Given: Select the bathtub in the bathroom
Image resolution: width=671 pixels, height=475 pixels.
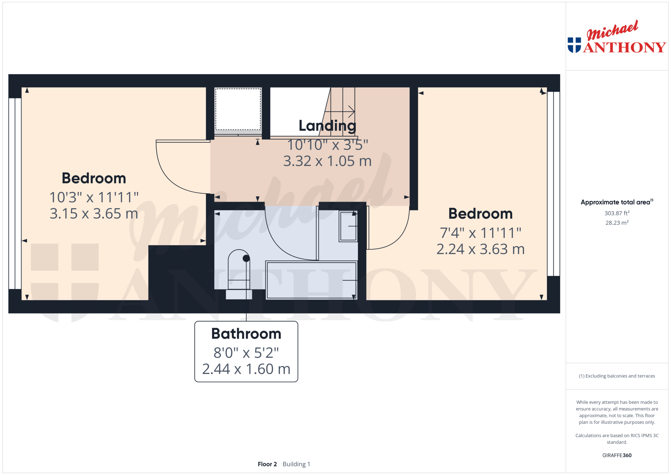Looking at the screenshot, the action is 311,280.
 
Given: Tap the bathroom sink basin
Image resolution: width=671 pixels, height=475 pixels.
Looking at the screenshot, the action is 348,226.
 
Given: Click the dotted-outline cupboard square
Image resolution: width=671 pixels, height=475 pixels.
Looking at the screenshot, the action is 238,109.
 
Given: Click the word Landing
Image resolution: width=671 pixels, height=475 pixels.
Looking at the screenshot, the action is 327,126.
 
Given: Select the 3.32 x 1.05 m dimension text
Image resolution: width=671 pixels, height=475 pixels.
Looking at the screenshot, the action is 327,161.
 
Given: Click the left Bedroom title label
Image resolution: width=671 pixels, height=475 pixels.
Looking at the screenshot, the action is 94,178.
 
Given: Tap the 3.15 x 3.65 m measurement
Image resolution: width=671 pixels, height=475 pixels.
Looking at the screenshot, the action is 94,213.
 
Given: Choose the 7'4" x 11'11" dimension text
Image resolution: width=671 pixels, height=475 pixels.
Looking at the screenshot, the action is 480,233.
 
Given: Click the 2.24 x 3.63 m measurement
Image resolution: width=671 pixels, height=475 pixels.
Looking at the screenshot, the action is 480,249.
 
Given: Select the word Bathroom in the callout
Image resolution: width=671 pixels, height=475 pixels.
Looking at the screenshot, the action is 246,334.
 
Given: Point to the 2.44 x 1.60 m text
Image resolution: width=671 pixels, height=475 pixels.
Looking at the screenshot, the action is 246,369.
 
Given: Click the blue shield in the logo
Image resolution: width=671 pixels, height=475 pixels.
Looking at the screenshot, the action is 574,45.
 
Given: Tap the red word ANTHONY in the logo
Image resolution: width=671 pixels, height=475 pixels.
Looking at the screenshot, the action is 625,47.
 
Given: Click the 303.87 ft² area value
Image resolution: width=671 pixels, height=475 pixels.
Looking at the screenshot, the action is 617,213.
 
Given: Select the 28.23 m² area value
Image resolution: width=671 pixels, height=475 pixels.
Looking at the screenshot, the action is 617,223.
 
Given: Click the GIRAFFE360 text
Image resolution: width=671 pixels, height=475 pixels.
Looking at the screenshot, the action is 617,455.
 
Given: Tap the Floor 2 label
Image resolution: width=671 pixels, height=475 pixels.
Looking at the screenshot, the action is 267,464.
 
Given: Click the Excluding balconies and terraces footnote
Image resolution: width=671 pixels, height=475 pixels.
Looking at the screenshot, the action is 617,376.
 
